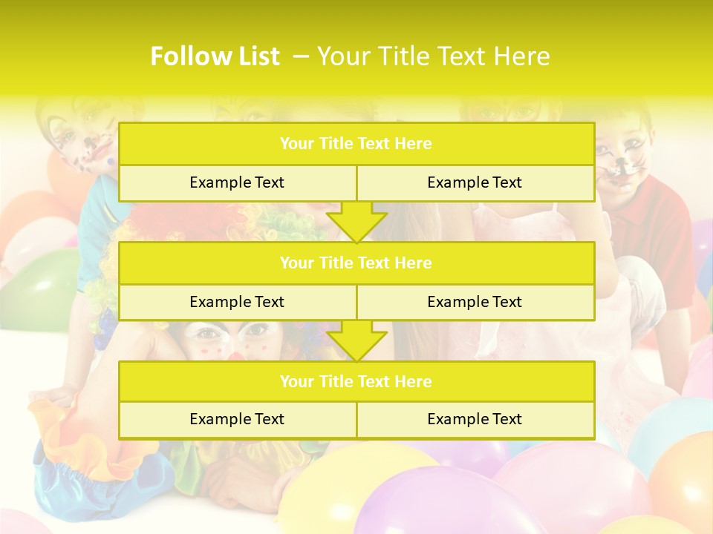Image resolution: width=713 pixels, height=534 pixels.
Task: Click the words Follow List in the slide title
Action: pyautogui.click(x=215, y=56)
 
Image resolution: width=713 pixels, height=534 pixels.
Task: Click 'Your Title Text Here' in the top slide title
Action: pyautogui.click(x=433, y=56)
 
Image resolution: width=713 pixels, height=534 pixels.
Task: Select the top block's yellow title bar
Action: pyautogui.click(x=356, y=144)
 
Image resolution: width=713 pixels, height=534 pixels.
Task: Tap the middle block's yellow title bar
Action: pyautogui.click(x=356, y=263)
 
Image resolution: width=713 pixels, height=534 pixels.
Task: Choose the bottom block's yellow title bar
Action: pyautogui.click(x=356, y=381)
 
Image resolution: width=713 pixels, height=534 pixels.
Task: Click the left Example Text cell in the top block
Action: pyautogui.click(x=237, y=182)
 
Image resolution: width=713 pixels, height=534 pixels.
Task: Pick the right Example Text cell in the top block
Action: pyautogui.click(x=475, y=182)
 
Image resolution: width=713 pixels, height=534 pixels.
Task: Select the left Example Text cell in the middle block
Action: pyautogui.click(x=237, y=302)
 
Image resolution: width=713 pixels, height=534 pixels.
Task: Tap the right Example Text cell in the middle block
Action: pyautogui.click(x=475, y=302)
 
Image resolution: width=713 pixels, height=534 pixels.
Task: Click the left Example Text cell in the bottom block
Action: pyautogui.click(x=237, y=419)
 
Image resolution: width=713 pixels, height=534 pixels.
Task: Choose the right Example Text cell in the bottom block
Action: pyautogui.click(x=475, y=419)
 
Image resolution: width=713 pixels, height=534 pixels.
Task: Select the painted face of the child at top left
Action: pyautogui.click(x=82, y=133)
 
